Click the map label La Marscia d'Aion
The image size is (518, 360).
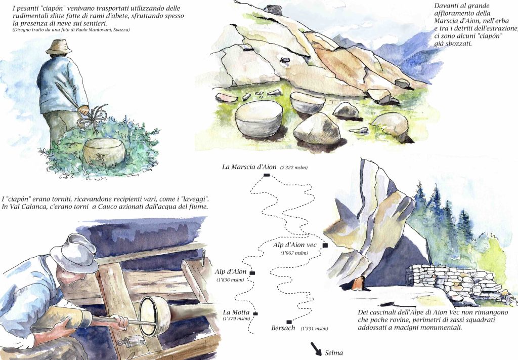[249, 167]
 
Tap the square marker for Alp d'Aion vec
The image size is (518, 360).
[325, 245]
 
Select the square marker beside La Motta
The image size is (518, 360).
[255, 313]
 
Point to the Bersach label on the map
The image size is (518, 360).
[283, 328]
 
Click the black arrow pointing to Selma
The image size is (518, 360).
[316, 349]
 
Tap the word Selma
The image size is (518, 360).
[334, 353]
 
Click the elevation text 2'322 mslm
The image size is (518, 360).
[294, 168]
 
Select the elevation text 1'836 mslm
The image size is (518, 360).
[230, 279]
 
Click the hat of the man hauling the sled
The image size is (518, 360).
[59, 46]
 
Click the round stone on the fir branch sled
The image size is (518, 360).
[104, 151]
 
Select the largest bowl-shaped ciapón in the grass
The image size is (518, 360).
[258, 118]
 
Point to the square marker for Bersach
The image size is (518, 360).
[289, 322]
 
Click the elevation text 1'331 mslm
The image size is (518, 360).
[314, 329]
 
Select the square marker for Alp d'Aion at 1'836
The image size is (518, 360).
[252, 273]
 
